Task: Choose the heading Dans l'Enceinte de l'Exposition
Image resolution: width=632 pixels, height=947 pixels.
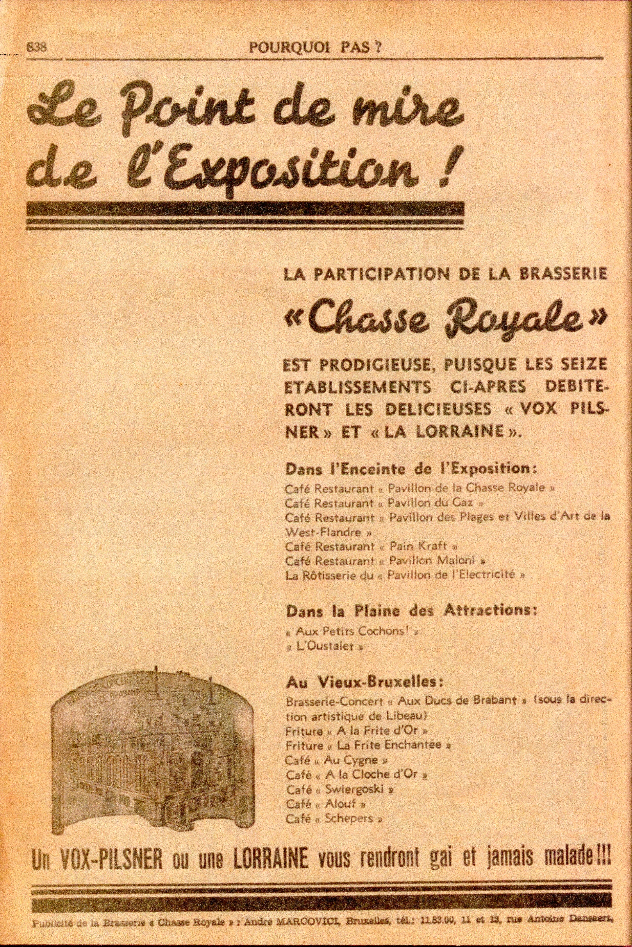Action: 411,470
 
